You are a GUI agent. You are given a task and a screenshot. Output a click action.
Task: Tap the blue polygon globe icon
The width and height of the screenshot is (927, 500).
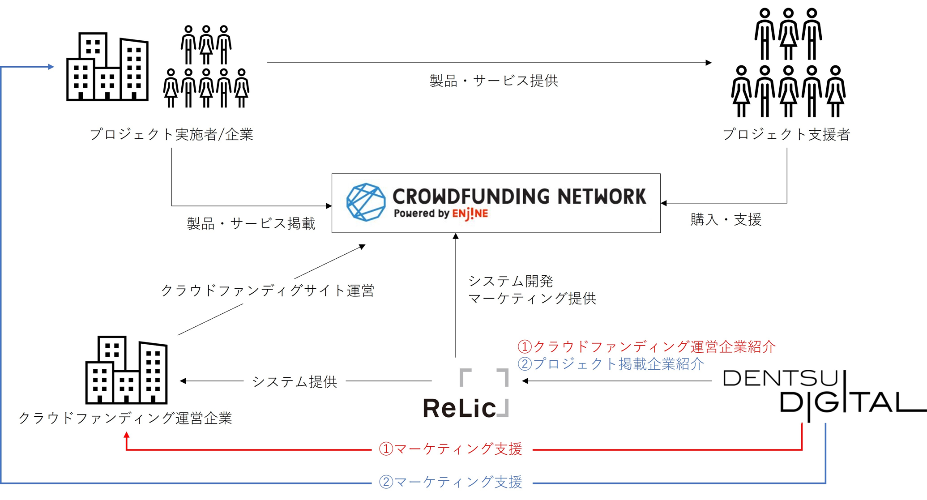pos(366,202)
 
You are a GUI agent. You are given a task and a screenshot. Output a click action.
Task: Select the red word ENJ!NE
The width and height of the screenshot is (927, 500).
pos(470,214)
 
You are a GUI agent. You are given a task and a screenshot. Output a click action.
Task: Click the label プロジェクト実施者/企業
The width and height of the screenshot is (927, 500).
pos(171,134)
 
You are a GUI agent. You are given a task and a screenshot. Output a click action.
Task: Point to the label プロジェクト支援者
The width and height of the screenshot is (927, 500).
pos(786,134)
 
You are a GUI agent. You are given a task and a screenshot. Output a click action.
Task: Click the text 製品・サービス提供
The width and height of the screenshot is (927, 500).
pos(494,81)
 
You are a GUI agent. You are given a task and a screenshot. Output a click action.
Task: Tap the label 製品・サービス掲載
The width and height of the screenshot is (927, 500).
pos(251,223)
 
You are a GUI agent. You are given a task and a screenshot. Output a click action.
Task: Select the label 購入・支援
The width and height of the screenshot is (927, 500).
pos(726,220)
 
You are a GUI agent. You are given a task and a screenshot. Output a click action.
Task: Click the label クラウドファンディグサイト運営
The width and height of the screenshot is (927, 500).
pos(267,291)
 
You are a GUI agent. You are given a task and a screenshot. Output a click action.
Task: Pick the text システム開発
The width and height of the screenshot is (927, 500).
pos(511,281)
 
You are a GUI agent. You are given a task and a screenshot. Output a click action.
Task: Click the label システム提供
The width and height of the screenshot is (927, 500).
pos(295,382)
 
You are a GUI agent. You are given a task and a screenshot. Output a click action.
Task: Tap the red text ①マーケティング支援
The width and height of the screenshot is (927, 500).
pos(450,449)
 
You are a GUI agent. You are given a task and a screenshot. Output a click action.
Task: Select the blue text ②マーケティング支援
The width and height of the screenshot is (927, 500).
pos(450,482)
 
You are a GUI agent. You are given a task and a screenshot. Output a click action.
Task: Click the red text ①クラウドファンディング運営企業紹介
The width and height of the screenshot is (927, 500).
pos(646,346)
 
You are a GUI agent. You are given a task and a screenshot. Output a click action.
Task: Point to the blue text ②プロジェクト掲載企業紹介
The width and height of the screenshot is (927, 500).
pos(611,364)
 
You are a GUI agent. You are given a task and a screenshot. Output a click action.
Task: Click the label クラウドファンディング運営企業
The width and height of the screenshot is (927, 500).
pos(125,418)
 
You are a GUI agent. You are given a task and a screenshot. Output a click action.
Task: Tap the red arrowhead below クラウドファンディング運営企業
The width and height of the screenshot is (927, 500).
pos(127,435)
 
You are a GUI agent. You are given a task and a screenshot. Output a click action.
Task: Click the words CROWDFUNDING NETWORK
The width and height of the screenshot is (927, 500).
pos(519,197)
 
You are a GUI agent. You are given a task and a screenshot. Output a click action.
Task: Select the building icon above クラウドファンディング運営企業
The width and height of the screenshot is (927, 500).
pos(126,370)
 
